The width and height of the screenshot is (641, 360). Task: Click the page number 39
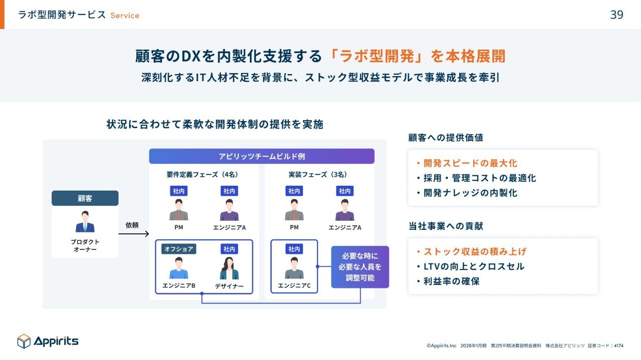click(616, 15)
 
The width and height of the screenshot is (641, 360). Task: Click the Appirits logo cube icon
click(24, 341)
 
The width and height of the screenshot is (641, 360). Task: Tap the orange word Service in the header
click(125, 16)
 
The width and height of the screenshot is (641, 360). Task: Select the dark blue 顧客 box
click(85, 198)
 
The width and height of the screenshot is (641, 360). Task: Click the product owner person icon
click(85, 221)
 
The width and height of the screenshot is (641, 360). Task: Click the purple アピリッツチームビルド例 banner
click(261, 156)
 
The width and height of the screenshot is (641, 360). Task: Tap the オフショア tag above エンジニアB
click(178, 249)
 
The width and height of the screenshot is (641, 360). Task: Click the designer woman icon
click(229, 269)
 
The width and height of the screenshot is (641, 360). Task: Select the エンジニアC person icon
click(294, 268)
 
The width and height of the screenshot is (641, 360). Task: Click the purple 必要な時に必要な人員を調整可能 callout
click(360, 267)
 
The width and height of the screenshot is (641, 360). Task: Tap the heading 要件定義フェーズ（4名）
click(202, 175)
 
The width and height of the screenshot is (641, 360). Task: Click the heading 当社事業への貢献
click(446, 226)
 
